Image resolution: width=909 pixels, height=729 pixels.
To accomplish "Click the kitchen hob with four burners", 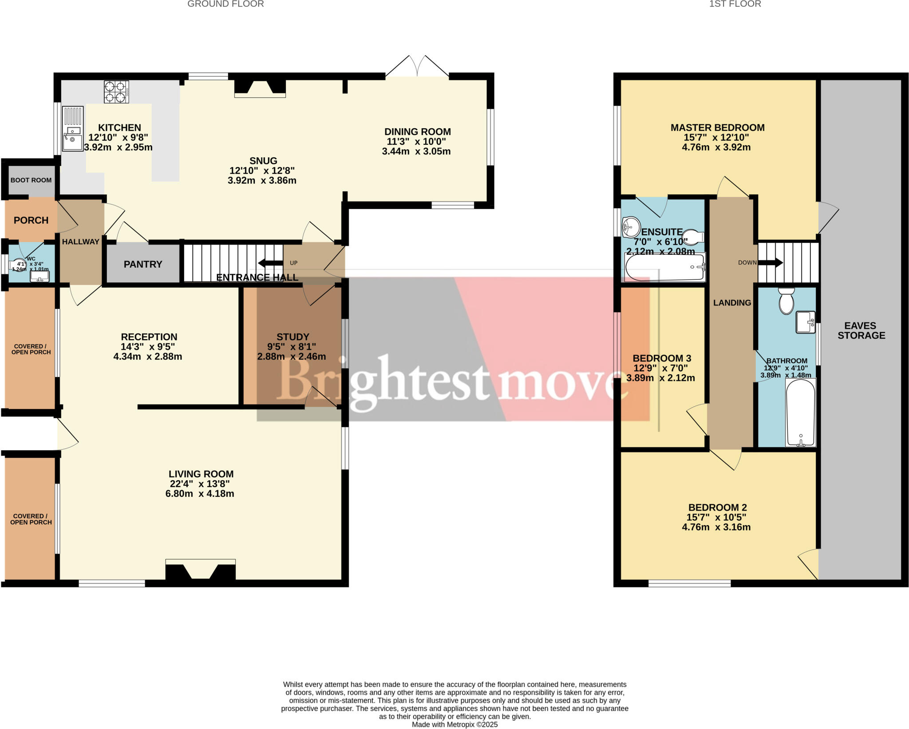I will (x=116, y=92).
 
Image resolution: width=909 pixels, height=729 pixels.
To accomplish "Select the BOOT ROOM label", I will (x=31, y=180).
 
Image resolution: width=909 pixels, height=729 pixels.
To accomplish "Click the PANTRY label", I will (x=143, y=264).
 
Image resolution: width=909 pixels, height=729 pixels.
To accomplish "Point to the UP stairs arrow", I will (x=270, y=263).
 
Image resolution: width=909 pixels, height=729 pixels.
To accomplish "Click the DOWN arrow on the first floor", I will (x=770, y=263).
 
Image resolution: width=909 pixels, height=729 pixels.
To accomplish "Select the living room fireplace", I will (x=201, y=571).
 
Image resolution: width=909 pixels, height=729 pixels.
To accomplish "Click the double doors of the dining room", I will (x=417, y=67).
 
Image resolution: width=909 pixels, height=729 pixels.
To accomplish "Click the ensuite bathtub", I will (x=665, y=267).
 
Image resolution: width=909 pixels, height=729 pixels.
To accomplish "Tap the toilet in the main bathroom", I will (x=786, y=301).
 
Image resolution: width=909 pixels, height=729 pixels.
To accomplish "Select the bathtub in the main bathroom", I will (x=801, y=412).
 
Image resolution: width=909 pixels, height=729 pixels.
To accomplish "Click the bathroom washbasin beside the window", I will (x=806, y=322).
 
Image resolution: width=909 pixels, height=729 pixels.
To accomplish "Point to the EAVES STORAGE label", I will (x=861, y=331).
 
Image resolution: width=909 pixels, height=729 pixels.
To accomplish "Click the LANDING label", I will (x=732, y=303).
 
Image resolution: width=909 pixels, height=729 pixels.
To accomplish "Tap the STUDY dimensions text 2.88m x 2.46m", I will (x=292, y=357).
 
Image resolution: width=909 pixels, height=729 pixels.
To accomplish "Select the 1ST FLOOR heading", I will (x=735, y=4).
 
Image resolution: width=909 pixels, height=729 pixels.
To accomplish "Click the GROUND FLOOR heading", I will (x=225, y=4).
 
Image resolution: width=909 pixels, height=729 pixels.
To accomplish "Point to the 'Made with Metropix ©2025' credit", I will (x=454, y=725).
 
